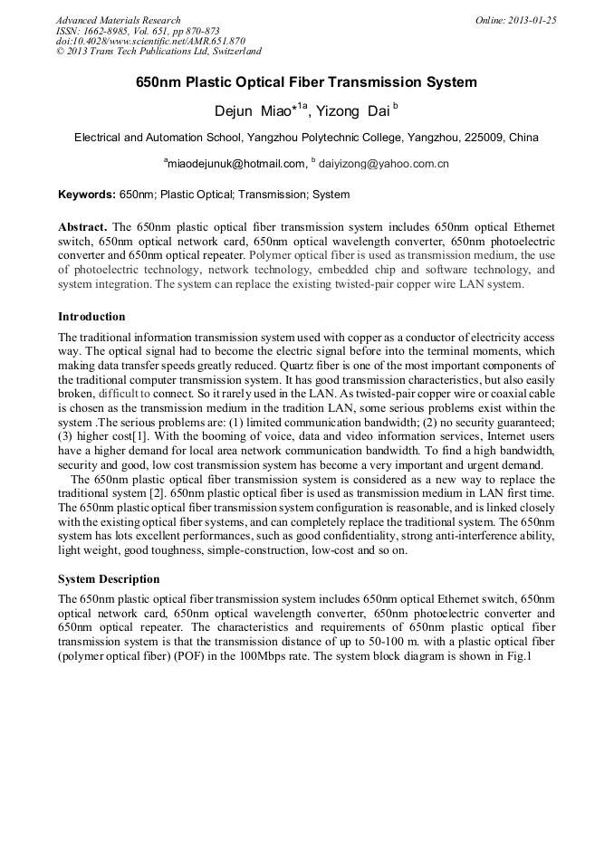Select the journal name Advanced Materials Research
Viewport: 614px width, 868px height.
pyautogui.click(x=118, y=20)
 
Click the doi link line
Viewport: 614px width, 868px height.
pyautogui.click(x=149, y=42)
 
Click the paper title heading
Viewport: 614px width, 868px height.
pyautogui.click(x=306, y=82)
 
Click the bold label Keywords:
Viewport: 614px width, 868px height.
pyautogui.click(x=86, y=195)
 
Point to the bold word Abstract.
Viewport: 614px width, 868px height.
pyautogui.click(x=82, y=226)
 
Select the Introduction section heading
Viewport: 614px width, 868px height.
pyautogui.click(x=91, y=317)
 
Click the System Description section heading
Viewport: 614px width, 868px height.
pyautogui.click(x=109, y=579)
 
